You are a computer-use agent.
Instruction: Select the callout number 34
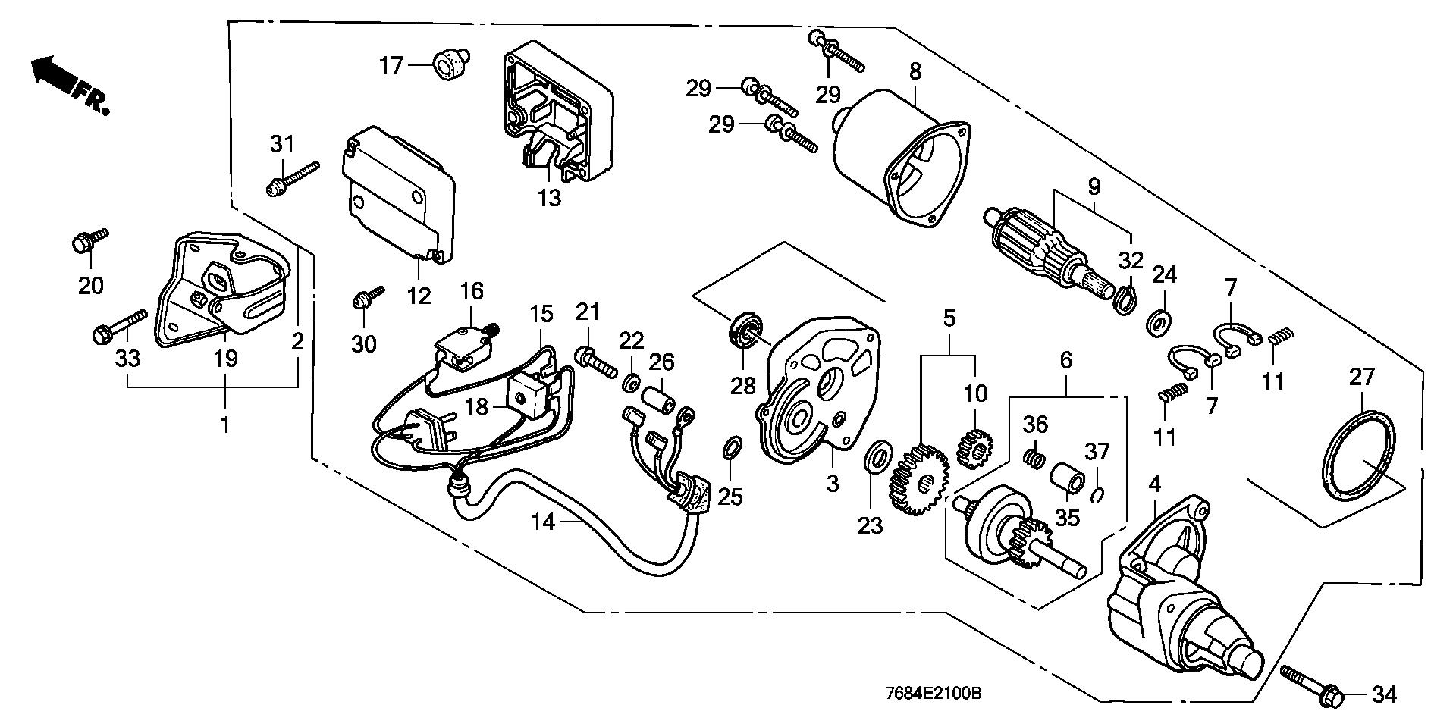[1384, 694]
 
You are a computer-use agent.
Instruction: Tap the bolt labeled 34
[1313, 683]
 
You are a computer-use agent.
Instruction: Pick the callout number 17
[391, 65]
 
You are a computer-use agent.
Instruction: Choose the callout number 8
[915, 72]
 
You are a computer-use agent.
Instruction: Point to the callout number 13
[549, 197]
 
